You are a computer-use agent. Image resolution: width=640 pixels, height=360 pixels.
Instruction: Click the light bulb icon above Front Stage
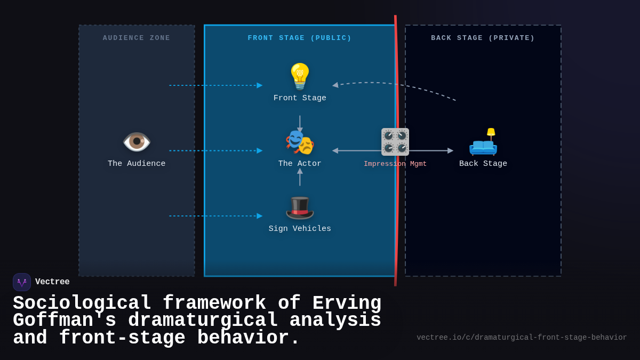pyautogui.click(x=300, y=76)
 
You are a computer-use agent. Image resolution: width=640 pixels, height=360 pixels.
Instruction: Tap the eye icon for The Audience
pyautogui.click(x=137, y=142)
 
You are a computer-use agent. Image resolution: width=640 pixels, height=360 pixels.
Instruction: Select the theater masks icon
pyautogui.click(x=300, y=142)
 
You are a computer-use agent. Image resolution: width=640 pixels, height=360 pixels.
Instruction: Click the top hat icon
pyautogui.click(x=300, y=207)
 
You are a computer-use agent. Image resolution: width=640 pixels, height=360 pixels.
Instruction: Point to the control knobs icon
pyautogui.click(x=395, y=142)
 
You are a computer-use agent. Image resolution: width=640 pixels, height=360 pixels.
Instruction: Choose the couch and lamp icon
pyautogui.click(x=483, y=142)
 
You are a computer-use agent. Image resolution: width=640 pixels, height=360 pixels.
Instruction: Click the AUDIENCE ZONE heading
pyautogui.click(x=137, y=38)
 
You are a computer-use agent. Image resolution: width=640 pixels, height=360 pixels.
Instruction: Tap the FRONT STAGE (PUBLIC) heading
pyautogui.click(x=300, y=38)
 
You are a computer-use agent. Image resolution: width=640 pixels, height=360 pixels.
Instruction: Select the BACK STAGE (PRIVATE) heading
pyautogui.click(x=483, y=38)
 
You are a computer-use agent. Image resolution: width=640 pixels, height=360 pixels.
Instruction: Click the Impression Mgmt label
pyautogui.click(x=395, y=164)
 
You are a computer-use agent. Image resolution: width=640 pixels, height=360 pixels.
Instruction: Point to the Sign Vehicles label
pyautogui.click(x=300, y=229)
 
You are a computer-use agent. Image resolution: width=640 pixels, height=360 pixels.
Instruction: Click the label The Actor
pyautogui.click(x=300, y=164)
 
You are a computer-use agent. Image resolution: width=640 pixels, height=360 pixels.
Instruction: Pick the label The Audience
pyautogui.click(x=137, y=164)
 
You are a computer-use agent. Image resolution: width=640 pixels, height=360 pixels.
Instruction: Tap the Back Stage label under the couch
pyautogui.click(x=483, y=164)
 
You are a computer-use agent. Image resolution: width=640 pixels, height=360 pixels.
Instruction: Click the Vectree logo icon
pyautogui.click(x=22, y=282)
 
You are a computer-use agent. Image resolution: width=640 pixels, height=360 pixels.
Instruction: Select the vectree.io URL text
pyautogui.click(x=522, y=338)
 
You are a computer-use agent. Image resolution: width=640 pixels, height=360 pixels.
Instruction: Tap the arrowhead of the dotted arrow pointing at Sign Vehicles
pyautogui.click(x=260, y=216)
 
